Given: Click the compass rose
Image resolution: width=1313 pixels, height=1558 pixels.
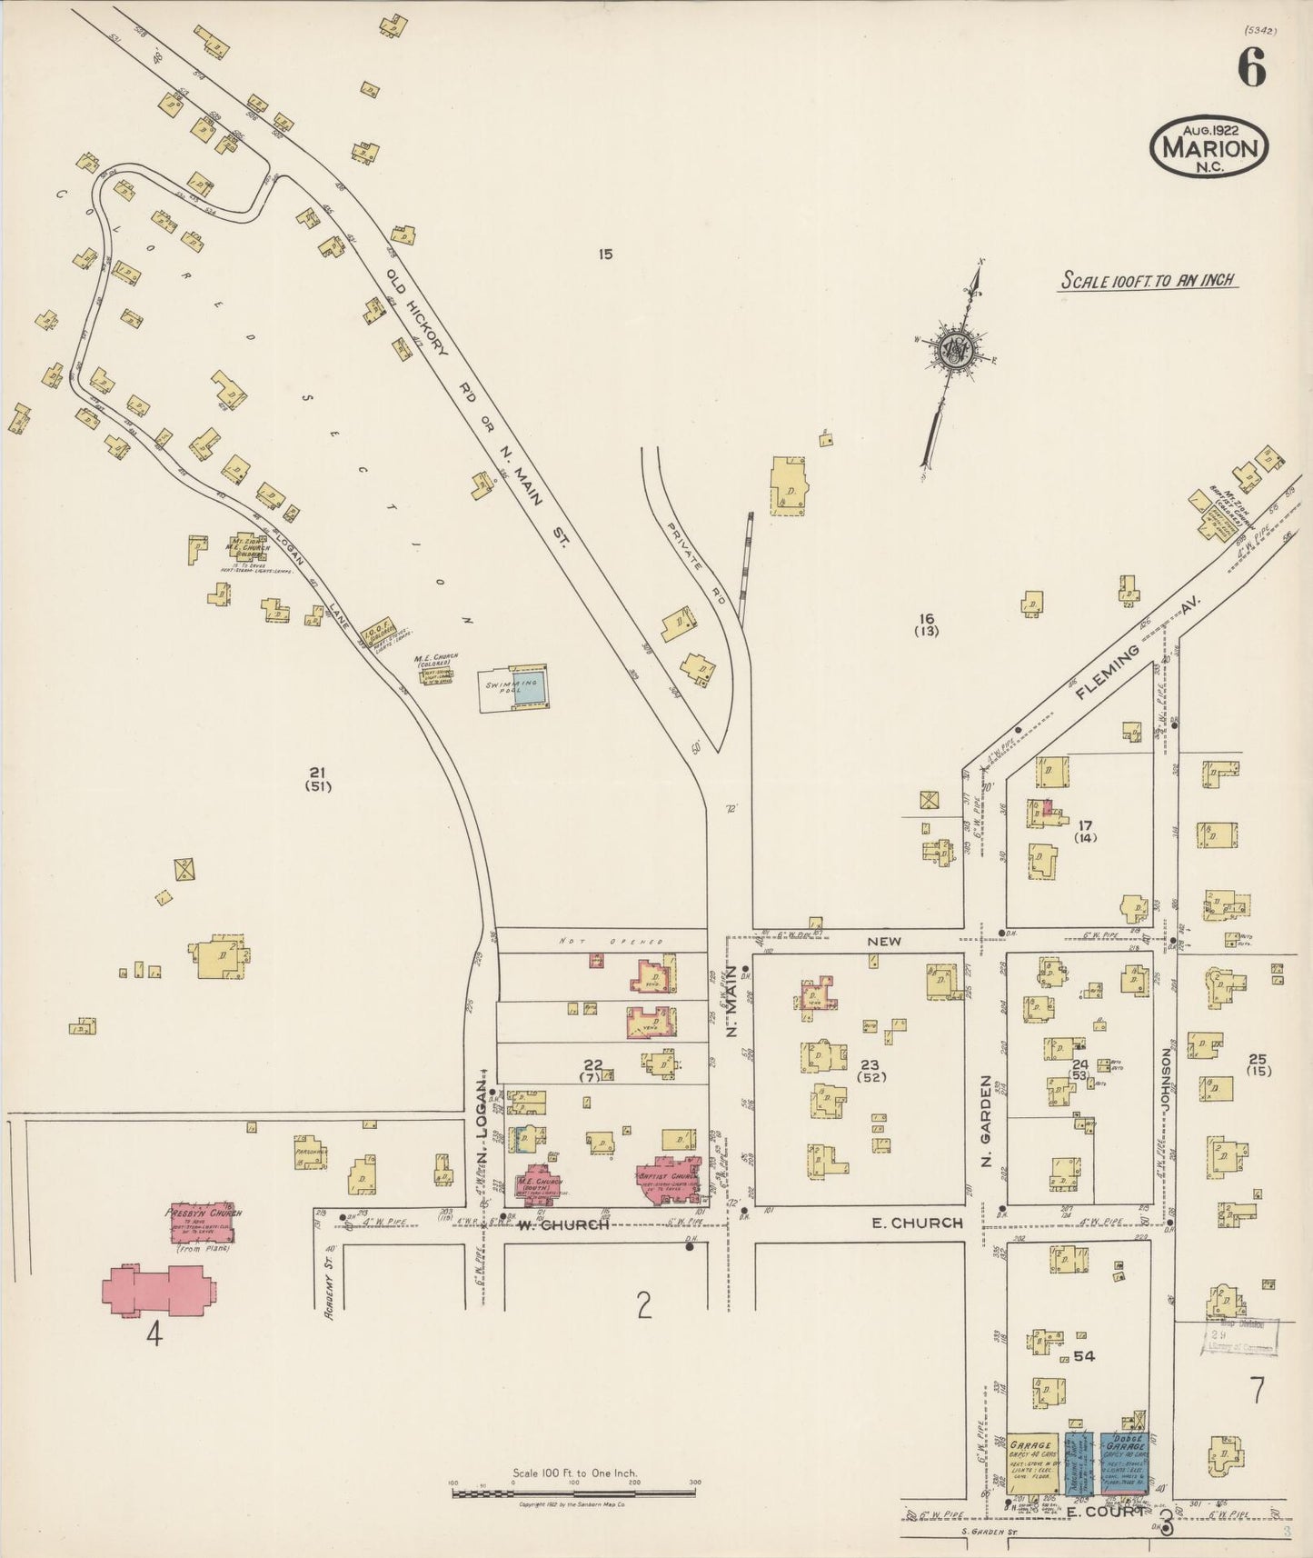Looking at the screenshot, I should [x=956, y=348].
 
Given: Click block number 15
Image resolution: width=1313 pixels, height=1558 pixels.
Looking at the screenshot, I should [x=605, y=255].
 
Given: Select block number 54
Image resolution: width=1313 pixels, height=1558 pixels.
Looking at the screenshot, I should [x=1083, y=1356].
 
